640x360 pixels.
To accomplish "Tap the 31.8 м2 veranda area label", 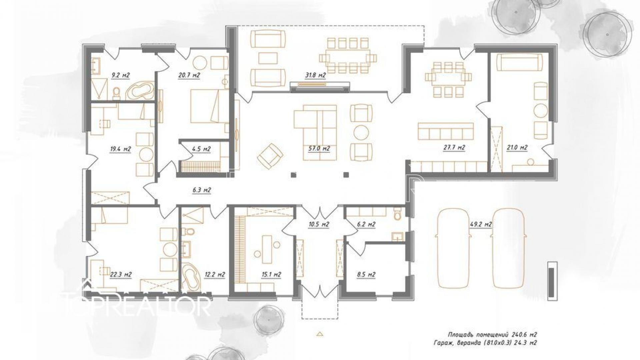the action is pyautogui.click(x=315, y=76).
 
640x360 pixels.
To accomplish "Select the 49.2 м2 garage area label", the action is pyautogui.click(x=481, y=224).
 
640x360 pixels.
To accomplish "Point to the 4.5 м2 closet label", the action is pyautogui.click(x=201, y=149).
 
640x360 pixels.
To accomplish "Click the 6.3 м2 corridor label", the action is pyautogui.click(x=202, y=190).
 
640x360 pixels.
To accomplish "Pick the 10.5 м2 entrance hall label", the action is pyautogui.click(x=318, y=224).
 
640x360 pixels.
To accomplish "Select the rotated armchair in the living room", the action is pyautogui.click(x=270, y=156).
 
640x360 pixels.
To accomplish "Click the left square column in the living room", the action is pyautogui.click(x=293, y=174).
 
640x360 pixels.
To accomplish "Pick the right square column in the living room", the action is pyautogui.click(x=346, y=174).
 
